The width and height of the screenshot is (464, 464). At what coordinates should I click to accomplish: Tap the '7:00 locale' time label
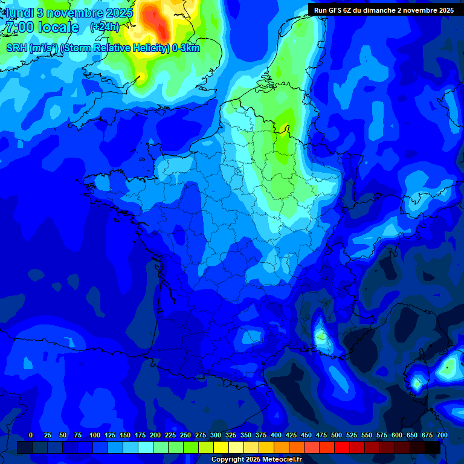(42, 27)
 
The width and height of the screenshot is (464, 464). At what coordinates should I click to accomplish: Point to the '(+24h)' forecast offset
(105, 27)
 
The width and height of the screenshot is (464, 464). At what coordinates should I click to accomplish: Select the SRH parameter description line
(103, 48)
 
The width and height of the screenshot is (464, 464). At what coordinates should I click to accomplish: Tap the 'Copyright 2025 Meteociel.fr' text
(256, 459)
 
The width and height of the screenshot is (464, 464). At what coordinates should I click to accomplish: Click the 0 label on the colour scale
(31, 435)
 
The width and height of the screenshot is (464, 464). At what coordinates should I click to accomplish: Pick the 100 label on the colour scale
(95, 435)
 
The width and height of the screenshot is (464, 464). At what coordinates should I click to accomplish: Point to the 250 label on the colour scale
(185, 435)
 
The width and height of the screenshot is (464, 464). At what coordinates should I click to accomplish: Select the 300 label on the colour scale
(216, 435)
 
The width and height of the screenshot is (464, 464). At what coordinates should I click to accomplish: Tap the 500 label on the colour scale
(337, 435)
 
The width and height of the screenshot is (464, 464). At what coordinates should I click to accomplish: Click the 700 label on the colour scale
(442, 435)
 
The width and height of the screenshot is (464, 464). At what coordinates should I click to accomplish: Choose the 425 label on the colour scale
(291, 435)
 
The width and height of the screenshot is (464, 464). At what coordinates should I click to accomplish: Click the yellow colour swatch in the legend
(221, 447)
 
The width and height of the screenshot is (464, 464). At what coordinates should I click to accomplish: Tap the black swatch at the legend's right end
(433, 447)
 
